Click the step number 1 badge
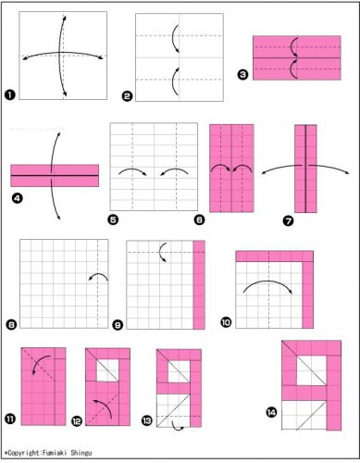[x=10, y=94]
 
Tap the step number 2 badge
[x=127, y=96]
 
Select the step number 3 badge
[x=243, y=75]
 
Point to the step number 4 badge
[x=18, y=198]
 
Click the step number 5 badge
[x=113, y=219]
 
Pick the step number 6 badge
[x=200, y=219]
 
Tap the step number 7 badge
[x=288, y=220]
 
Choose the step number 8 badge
[x=11, y=325]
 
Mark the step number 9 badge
[x=118, y=325]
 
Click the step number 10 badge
[x=226, y=322]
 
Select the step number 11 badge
[x=10, y=419]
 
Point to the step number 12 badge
[x=77, y=421]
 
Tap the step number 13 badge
[x=147, y=420]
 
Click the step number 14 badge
[x=271, y=412]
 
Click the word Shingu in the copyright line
[x=81, y=453]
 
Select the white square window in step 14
[x=311, y=370]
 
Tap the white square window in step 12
[x=107, y=370]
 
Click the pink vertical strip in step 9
[x=199, y=285]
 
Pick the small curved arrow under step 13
[x=178, y=427]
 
